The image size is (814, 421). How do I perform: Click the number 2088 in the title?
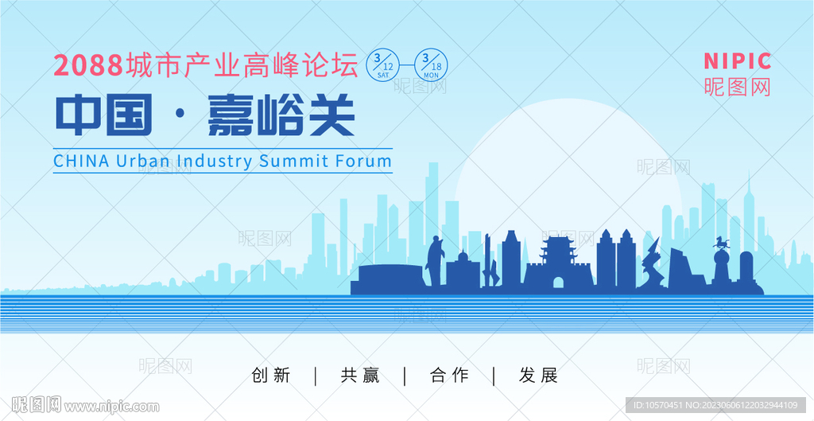tap(87, 66)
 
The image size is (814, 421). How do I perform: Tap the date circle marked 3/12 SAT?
tap(382, 64)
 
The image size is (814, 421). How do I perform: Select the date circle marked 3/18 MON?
tap(431, 64)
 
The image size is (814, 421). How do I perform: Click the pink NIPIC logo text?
tap(737, 60)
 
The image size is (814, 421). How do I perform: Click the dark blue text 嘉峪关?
tap(281, 115)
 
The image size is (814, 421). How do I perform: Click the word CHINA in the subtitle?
tap(82, 161)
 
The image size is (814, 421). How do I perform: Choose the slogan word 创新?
tap(270, 376)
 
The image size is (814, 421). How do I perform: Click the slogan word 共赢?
tap(360, 376)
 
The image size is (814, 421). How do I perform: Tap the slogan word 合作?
tap(449, 376)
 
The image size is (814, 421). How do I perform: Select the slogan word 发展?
tap(538, 376)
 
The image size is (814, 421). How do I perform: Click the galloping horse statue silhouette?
tap(720, 242)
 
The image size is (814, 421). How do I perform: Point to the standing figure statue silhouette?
tap(435, 261)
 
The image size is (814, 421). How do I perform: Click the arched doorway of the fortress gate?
tap(558, 283)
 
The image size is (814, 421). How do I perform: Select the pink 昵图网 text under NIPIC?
tap(737, 87)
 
